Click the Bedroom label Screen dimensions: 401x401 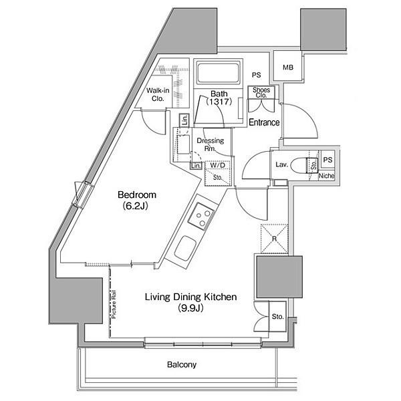pos(137,195)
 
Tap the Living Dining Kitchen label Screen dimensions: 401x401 pos(190,297)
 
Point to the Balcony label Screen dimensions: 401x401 pos(182,364)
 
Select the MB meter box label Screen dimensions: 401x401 pos(288,68)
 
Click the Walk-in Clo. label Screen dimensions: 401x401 pos(158,94)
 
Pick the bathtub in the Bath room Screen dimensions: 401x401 pos(218,73)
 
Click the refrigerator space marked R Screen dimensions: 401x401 pos(275,239)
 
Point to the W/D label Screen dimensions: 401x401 pos(218,165)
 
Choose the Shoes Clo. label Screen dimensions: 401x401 pos(261,93)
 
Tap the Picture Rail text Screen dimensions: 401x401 pos(114,304)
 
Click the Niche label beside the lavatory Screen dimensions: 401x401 pos(326,176)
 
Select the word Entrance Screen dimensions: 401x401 pos(264,122)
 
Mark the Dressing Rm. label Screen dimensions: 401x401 pos(211,144)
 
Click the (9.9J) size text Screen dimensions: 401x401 pos(190,308)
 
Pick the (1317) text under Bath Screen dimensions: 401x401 pos(219,102)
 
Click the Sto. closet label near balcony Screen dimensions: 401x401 pos(278,317)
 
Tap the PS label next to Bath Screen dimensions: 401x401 pos(256,75)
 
